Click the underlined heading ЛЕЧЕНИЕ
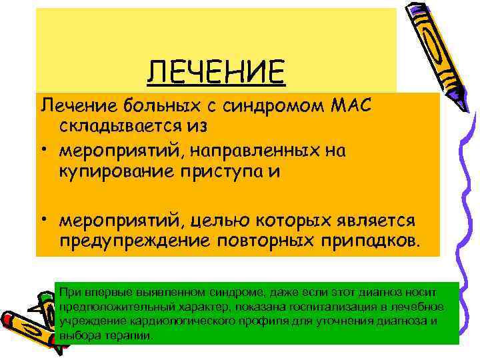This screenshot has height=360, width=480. (x=217, y=71)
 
